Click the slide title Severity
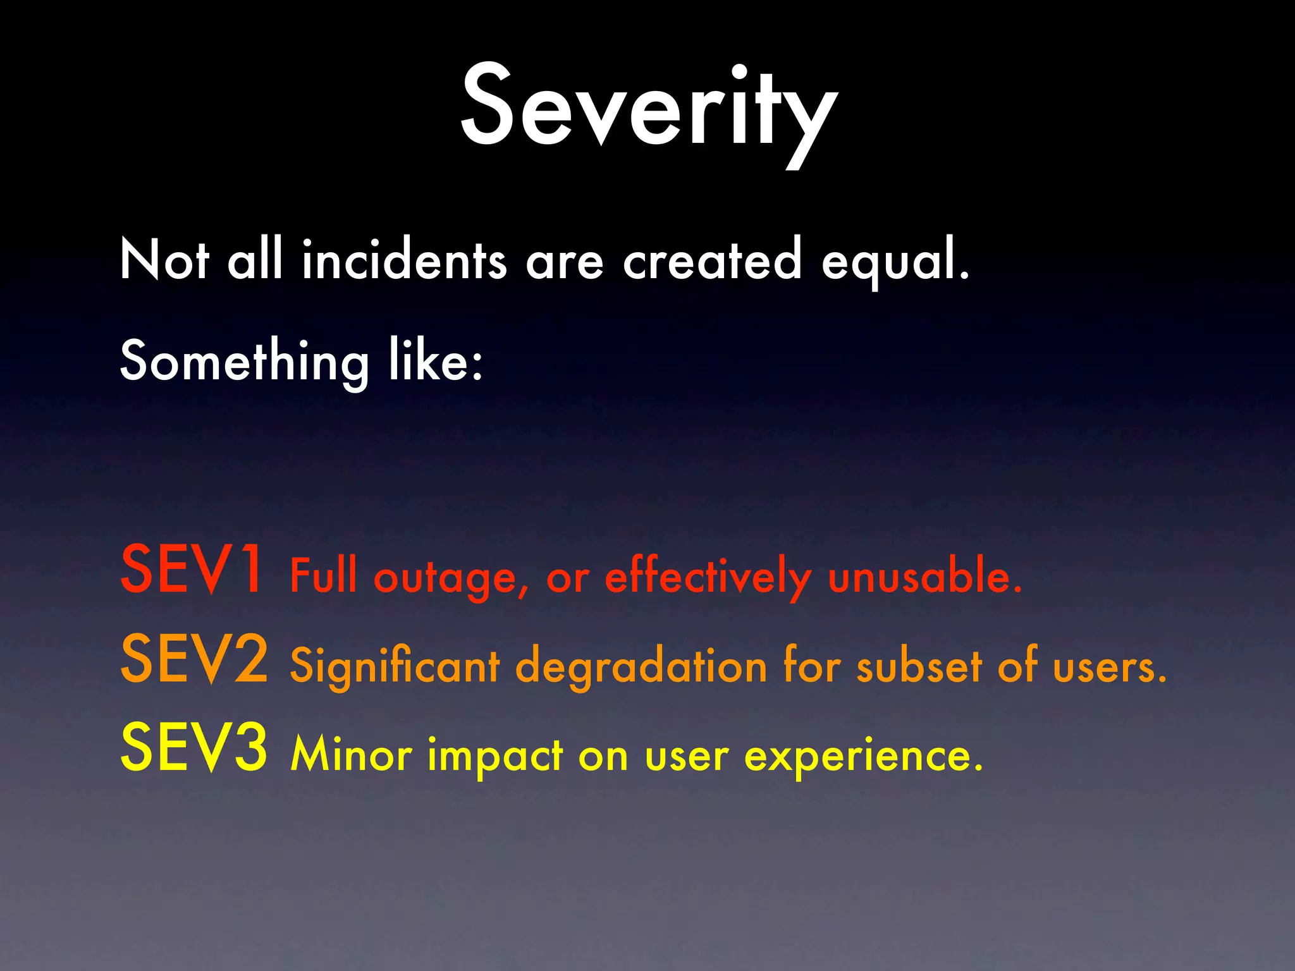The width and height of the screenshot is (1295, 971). coord(649,107)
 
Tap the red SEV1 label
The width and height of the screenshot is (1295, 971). coord(192,570)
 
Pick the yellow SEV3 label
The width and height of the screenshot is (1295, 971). coord(194,748)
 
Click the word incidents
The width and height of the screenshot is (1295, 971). coord(404,260)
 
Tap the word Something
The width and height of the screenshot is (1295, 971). coord(244,362)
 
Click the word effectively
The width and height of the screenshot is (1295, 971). coord(708,577)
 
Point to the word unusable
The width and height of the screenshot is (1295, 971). coord(924,577)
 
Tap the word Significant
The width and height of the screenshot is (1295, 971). coord(395,668)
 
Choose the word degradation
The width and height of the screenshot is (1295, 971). coord(641,668)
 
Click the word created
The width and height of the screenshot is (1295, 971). coord(713,260)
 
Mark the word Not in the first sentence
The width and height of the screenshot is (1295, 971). coord(164,260)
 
